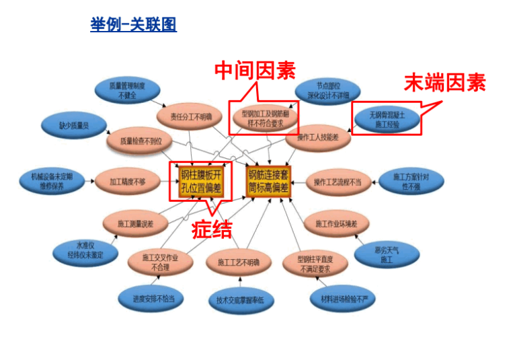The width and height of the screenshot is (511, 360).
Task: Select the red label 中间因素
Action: coord(255,70)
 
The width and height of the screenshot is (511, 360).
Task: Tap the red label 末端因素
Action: coord(444,83)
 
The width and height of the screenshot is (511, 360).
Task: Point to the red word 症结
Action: coord(212,229)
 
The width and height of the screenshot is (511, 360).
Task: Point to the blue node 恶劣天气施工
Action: coord(387,254)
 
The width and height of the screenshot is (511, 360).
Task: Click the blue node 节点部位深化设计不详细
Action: coord(329,91)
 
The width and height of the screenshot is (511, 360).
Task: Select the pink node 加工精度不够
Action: coord(128,182)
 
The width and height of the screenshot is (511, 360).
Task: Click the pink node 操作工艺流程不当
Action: coord(338,182)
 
